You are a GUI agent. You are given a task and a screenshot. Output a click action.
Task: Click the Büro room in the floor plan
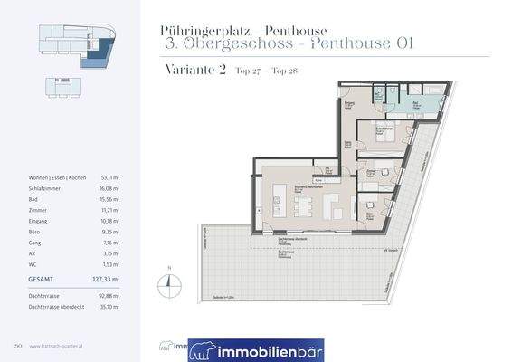[x=371, y=215]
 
